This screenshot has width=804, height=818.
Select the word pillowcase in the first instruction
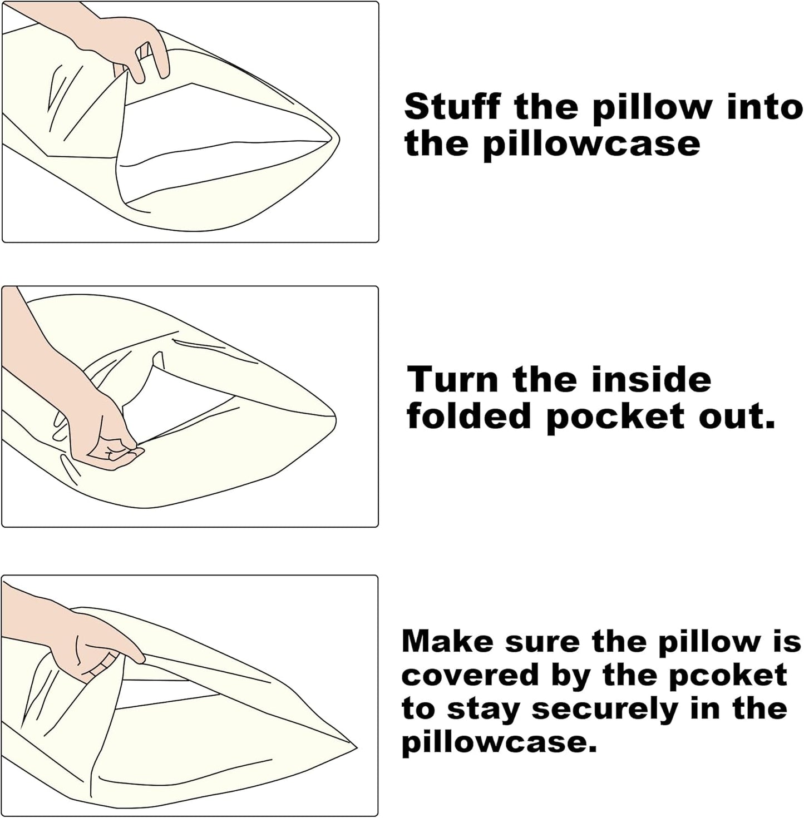[x=591, y=145]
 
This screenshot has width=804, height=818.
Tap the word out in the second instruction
[x=737, y=418]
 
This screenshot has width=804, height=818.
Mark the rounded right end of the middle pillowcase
[x=336, y=419]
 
